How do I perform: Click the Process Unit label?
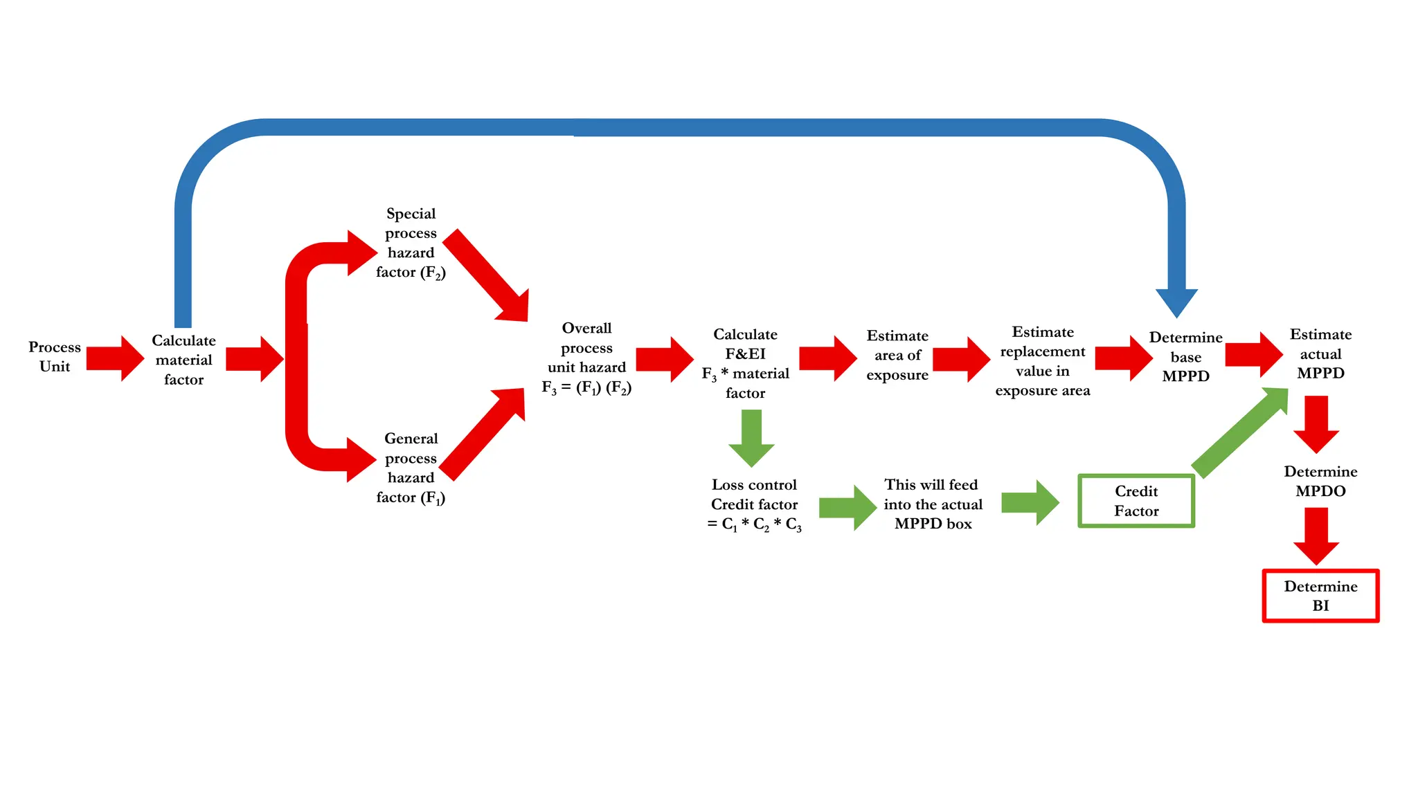coord(55,356)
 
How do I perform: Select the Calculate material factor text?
coord(183,360)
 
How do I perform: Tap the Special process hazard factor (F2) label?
coord(411,243)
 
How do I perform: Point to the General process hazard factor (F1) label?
coord(411,468)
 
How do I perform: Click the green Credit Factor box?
coord(1136,501)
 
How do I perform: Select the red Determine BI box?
coord(1320,596)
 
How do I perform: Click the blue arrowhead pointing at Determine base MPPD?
coord(1176,302)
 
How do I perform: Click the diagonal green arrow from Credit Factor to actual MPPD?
coord(1239,433)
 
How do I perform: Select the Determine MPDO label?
coord(1320,481)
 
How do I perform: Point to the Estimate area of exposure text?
coord(897,355)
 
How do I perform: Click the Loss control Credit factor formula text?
coord(754,505)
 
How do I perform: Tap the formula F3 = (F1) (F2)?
coord(586,387)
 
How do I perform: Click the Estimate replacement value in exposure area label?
coord(1043,361)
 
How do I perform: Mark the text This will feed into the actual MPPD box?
coord(933,504)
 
